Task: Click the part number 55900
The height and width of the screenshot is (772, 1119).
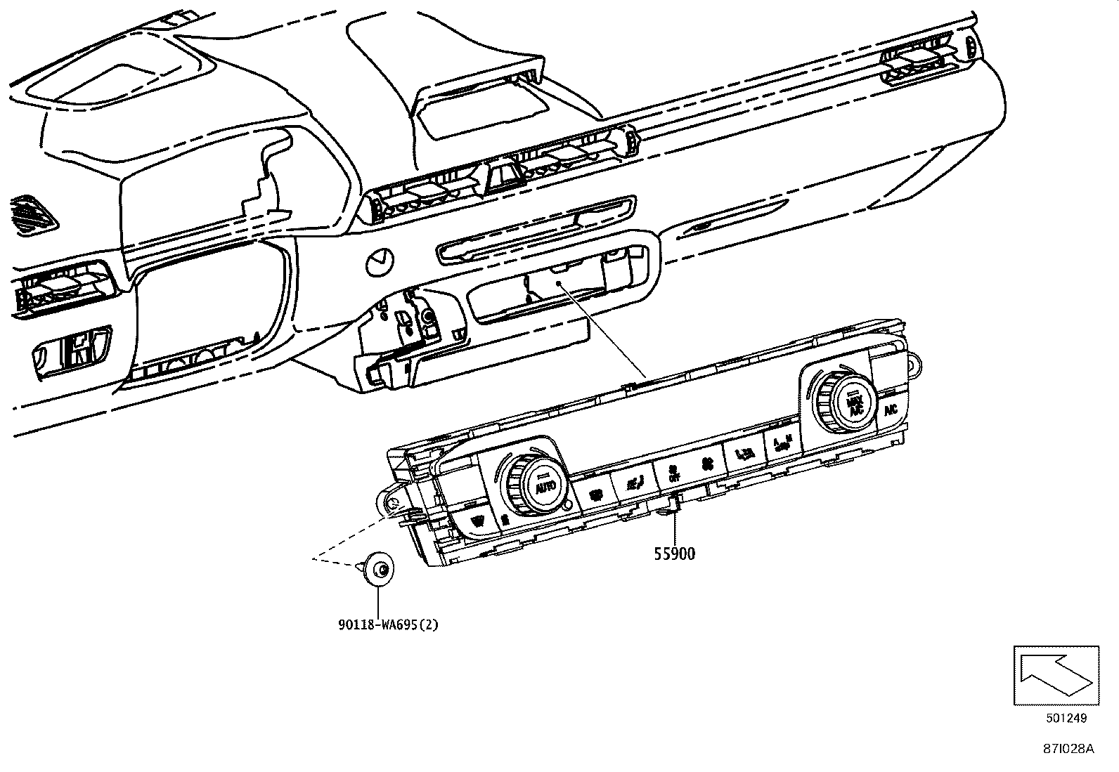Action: click(674, 554)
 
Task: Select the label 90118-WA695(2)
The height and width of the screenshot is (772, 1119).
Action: click(387, 624)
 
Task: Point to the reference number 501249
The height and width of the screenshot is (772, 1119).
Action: click(1066, 718)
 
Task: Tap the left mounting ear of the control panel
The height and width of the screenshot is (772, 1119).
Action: click(388, 500)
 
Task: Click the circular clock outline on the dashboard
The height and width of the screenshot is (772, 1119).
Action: click(380, 262)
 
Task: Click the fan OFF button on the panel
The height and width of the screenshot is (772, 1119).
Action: click(673, 472)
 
